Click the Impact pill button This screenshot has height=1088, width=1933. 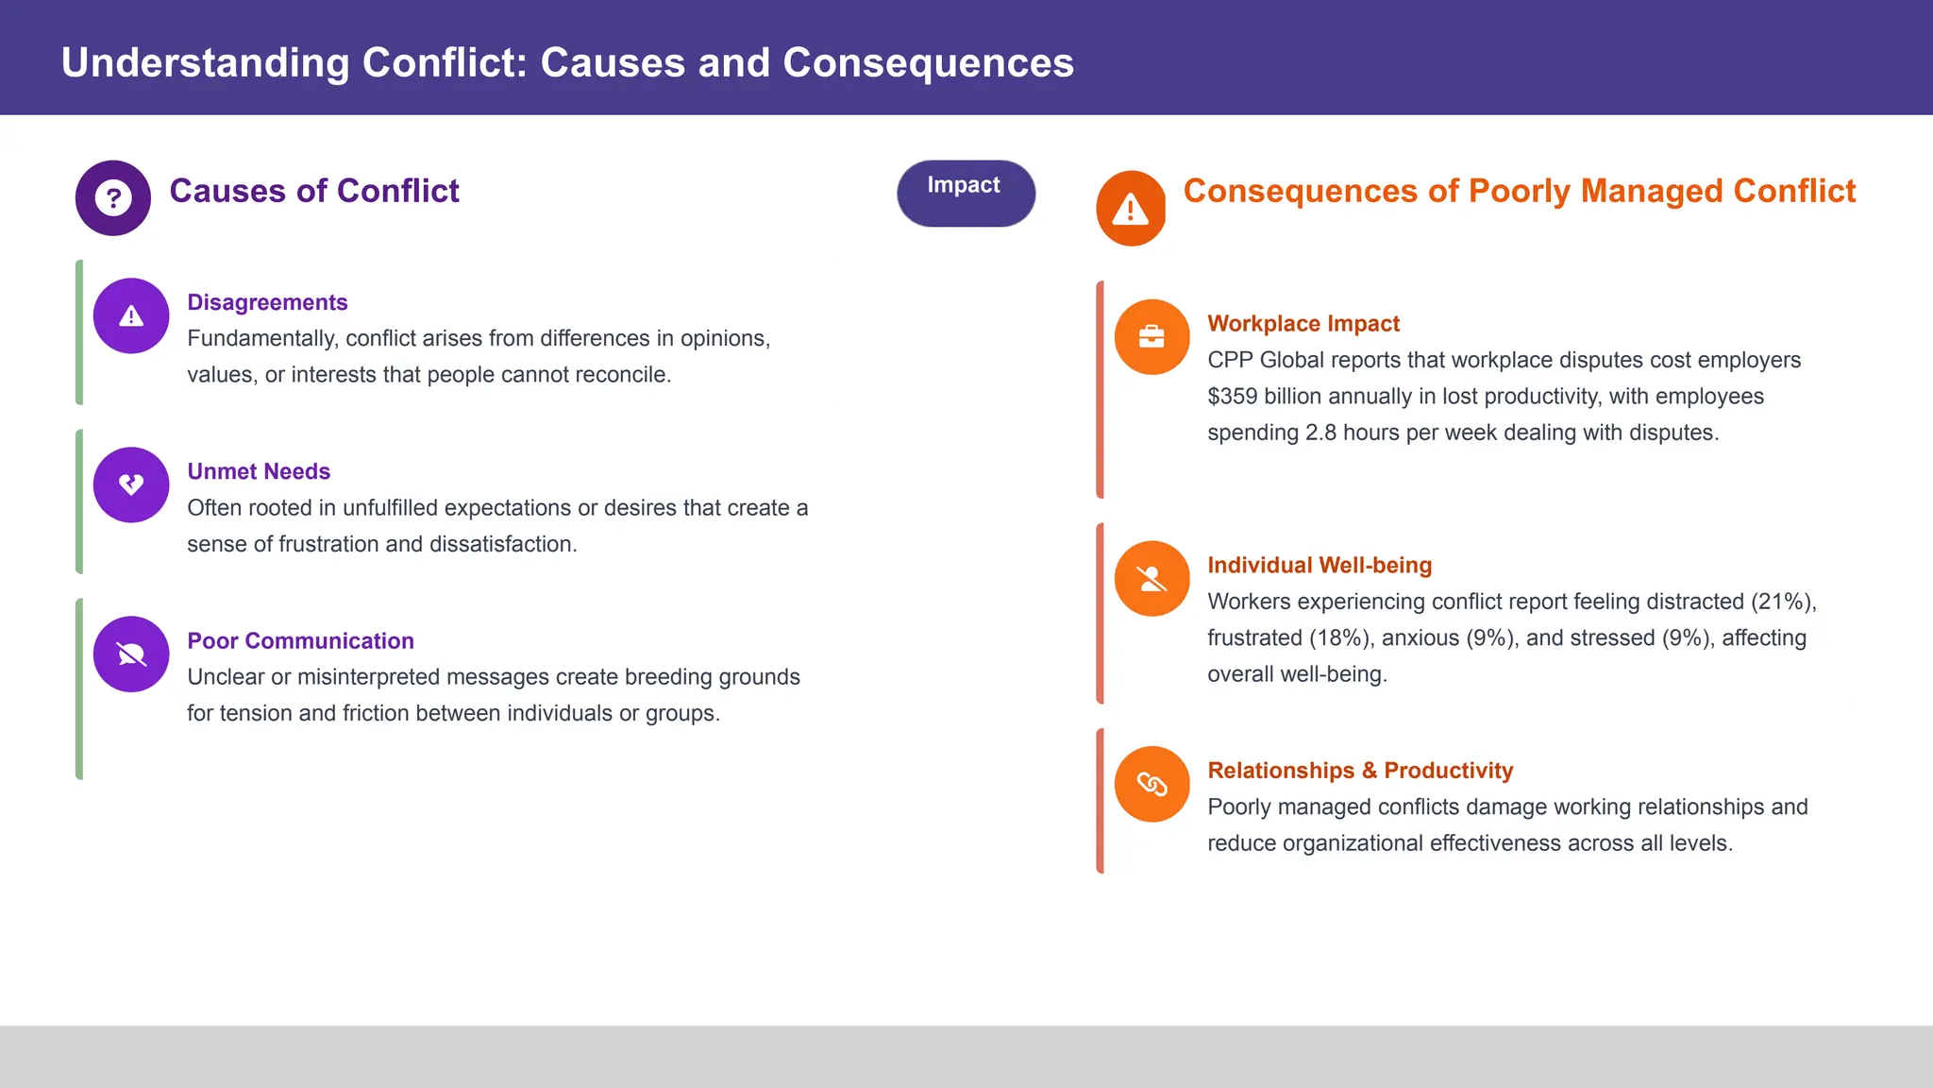click(965, 193)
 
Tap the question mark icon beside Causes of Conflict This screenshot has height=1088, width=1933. click(113, 198)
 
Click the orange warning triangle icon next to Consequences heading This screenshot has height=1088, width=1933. click(1130, 209)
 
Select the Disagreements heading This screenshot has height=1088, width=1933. click(267, 302)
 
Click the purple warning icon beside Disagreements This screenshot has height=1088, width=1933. click(131, 316)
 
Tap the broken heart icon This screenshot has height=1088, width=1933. click(131, 484)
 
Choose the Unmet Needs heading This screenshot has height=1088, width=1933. click(259, 471)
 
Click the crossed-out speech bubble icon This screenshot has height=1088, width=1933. click(131, 654)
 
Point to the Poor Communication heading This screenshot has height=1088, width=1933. click(300, 640)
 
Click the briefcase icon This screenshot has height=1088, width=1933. click(1151, 337)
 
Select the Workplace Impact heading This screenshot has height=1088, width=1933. click(1303, 324)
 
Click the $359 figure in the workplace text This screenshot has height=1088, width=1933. click(1232, 397)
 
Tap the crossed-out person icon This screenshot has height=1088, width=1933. click(1151, 579)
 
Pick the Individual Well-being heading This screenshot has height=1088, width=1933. click(1319, 565)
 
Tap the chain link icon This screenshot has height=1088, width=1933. click(1151, 784)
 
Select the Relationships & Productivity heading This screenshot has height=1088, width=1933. click(1359, 771)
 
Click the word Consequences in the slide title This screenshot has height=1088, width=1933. click(928, 63)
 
